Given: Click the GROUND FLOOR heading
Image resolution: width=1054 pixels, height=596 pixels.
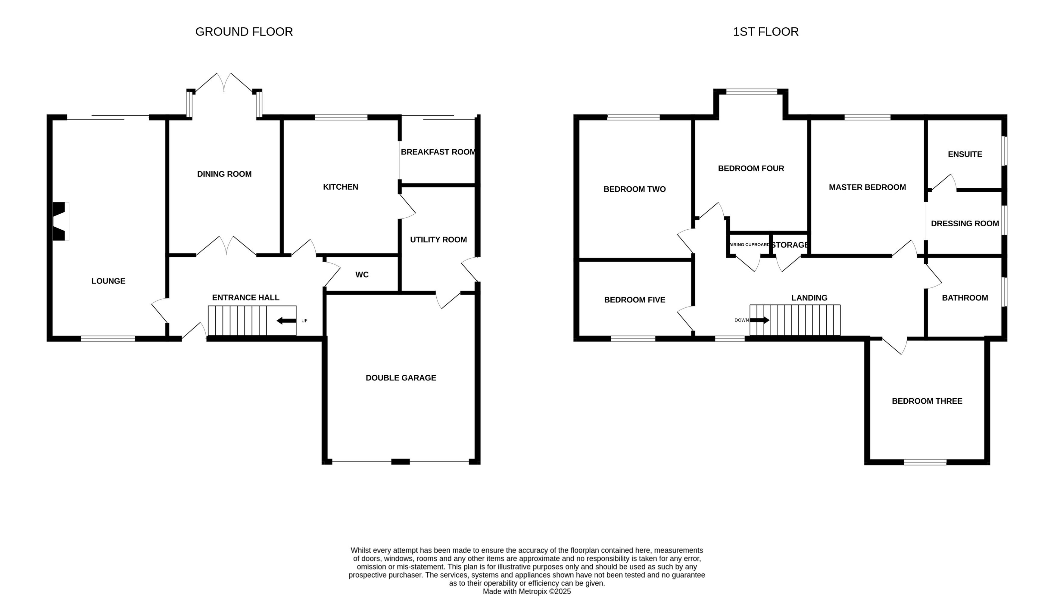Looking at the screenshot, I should [x=244, y=32].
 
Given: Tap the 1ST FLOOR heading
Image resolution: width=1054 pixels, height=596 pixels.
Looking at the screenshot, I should [x=765, y=32].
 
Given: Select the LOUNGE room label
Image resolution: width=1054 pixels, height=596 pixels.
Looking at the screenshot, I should [x=108, y=281].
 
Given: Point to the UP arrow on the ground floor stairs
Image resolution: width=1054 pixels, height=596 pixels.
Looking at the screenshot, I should [x=287, y=321].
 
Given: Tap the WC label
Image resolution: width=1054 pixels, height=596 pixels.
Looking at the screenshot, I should [x=362, y=275].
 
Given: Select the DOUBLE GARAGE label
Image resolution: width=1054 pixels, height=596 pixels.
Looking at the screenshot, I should [x=401, y=378].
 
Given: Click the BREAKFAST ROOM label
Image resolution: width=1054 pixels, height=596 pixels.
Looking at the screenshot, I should [x=438, y=152].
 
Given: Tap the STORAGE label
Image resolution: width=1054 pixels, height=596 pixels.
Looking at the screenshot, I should [x=790, y=245].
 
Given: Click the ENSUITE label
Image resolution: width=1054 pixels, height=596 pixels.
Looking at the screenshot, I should [x=965, y=154].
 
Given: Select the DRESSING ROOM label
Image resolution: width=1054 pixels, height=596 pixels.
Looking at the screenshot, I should [x=965, y=223].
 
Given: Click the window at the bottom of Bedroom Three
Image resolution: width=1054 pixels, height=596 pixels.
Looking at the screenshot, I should [x=925, y=462].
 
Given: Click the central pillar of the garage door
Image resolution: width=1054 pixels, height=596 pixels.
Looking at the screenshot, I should [x=401, y=462].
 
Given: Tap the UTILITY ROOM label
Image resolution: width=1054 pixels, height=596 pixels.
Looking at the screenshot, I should [x=438, y=240].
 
